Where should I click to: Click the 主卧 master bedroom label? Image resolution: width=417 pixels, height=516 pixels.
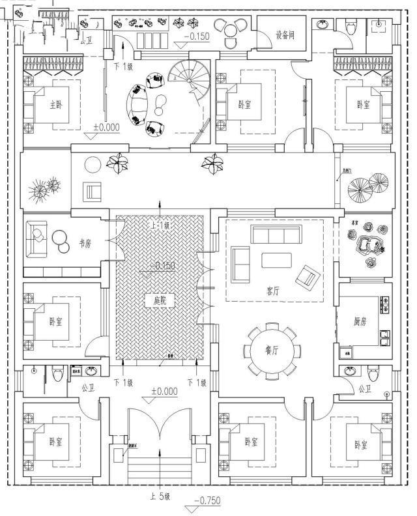point(57,104)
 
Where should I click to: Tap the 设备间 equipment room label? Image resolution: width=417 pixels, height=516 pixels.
point(285,35)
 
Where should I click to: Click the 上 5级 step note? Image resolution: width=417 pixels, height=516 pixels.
point(160,496)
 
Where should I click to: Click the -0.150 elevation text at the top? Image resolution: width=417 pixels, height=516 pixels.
point(196,36)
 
